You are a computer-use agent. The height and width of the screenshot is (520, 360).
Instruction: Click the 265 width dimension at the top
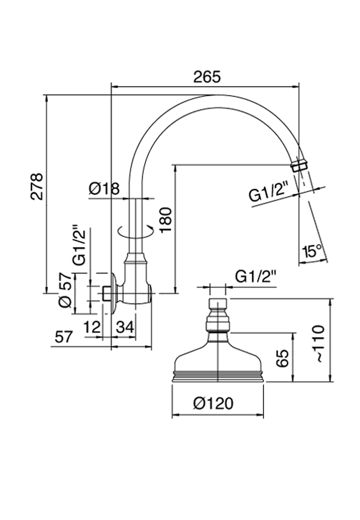point(206,77)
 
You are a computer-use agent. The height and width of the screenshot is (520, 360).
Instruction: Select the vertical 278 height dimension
point(37,186)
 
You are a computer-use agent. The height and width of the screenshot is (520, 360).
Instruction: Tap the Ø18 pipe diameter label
point(104,188)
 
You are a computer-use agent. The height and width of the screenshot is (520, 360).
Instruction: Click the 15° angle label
point(312,252)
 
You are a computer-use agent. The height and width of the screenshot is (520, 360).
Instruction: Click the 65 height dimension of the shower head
point(282,358)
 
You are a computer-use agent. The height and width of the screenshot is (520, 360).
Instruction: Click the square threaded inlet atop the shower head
point(218,303)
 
